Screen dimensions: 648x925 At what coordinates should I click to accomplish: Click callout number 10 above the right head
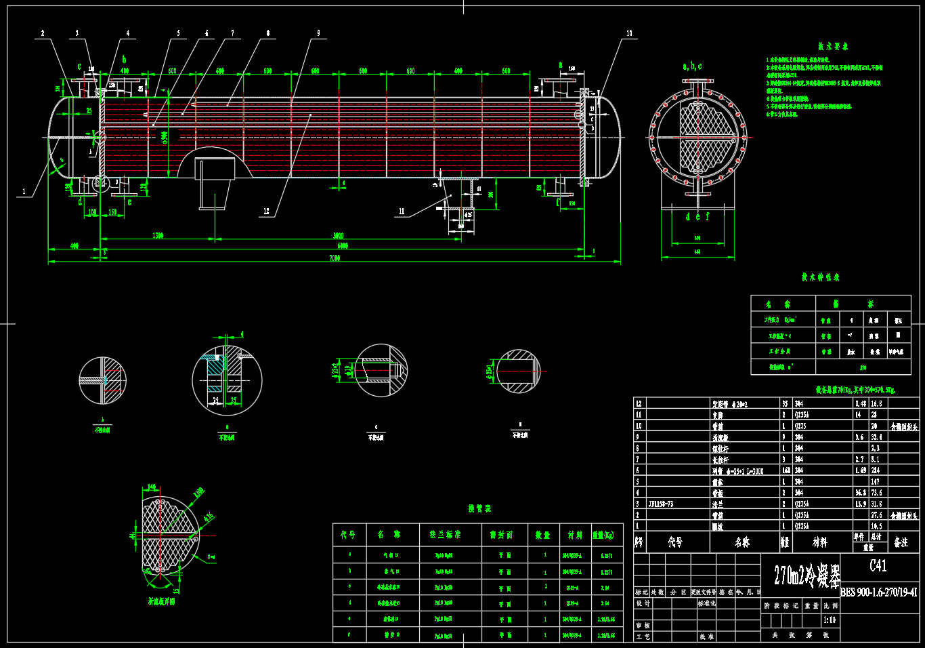(629, 33)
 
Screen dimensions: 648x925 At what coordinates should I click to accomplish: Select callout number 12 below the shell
(266, 211)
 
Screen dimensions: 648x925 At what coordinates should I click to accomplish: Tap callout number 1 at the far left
(24, 192)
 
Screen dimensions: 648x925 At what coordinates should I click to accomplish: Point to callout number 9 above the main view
(318, 33)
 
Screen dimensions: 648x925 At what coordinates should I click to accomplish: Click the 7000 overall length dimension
(335, 258)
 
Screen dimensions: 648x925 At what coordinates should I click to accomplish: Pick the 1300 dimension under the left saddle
(158, 236)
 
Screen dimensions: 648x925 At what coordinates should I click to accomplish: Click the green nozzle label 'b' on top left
(124, 60)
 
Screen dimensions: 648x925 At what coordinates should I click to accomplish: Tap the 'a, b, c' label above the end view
(692, 66)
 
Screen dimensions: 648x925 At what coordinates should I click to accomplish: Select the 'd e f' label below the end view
(697, 217)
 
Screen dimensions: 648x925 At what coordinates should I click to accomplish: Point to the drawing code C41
(878, 566)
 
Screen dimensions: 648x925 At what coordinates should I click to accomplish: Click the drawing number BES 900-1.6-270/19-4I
(879, 592)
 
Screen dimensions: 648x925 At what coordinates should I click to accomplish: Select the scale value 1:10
(830, 620)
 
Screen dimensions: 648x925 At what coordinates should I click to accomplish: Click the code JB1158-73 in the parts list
(660, 504)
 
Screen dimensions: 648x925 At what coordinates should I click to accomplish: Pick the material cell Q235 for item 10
(800, 426)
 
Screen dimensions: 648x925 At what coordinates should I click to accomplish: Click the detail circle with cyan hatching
(227, 380)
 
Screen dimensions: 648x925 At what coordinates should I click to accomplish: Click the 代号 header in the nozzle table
(348, 535)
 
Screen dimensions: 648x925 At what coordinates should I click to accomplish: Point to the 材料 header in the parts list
(820, 542)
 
